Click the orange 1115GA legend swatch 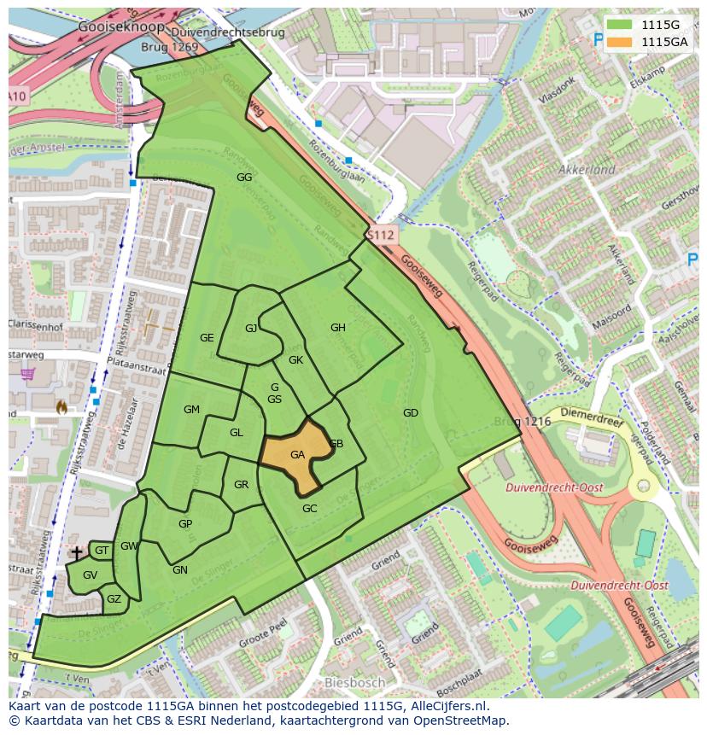pos(621,41)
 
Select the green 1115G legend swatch pos(621,25)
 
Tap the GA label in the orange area pos(297,455)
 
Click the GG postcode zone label pos(244,177)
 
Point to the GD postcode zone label pos(411,413)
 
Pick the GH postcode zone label pos(338,328)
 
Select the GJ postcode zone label pos(251,329)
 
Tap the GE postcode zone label pos(207,338)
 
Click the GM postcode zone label pos(191,410)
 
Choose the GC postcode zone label pos(309,509)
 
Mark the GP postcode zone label pos(185,524)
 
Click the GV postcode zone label pos(91,575)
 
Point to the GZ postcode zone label pos(114,599)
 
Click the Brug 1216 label pos(523,423)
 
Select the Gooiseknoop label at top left pos(108,26)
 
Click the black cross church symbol pos(77,553)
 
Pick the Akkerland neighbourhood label pos(587,170)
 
